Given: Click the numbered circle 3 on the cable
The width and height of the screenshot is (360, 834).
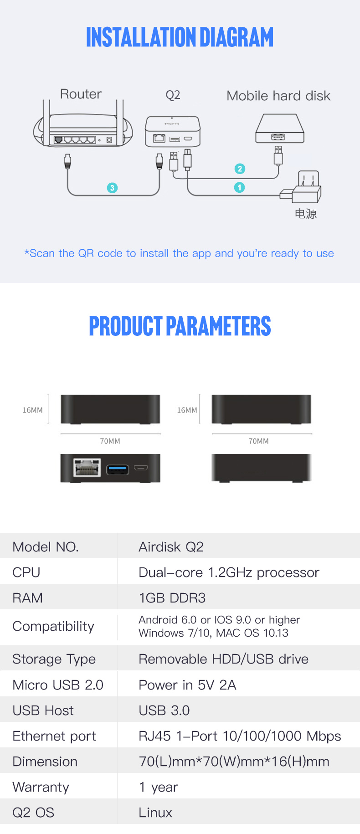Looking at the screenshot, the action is tap(112, 188).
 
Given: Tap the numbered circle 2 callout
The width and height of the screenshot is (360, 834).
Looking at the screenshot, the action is tap(240, 169).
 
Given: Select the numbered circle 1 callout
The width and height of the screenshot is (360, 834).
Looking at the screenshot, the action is tap(239, 187).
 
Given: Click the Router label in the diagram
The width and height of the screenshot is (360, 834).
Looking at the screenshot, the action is tap(81, 94).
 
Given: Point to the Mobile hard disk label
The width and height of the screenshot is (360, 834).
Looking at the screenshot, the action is tap(278, 96).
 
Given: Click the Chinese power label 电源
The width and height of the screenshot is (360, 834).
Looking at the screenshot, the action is tap(306, 213).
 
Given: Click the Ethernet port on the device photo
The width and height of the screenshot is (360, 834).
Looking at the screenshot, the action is tap(87, 468).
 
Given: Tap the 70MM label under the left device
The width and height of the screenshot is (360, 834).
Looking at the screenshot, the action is tap(110, 441).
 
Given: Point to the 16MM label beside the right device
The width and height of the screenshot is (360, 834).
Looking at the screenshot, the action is tap(187, 410).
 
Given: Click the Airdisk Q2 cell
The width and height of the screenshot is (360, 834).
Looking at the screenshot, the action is tap(171, 546).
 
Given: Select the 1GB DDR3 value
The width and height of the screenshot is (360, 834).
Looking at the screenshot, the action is tap(172, 597).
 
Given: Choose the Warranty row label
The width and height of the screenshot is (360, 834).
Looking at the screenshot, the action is tap(41, 787).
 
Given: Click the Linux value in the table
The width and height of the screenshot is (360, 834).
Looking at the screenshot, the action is tap(155, 813).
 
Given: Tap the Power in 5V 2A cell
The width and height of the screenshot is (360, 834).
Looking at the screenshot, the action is tap(187, 685).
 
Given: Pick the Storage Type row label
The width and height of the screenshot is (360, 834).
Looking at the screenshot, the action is tap(54, 659).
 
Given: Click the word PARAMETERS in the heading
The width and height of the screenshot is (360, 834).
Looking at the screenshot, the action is tap(219, 326).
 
